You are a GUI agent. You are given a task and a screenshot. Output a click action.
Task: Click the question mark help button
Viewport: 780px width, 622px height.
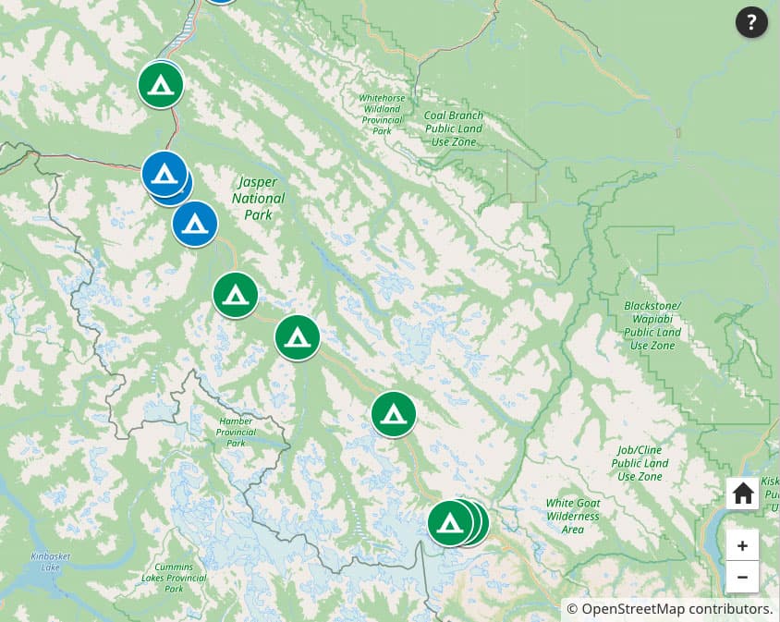tap(751, 22)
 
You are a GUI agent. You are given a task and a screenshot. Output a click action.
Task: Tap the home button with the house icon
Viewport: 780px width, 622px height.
tap(742, 494)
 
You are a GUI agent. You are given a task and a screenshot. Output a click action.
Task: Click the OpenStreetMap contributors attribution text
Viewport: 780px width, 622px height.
tap(669, 609)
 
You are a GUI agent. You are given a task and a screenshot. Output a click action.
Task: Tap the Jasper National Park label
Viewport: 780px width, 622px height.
tap(258, 198)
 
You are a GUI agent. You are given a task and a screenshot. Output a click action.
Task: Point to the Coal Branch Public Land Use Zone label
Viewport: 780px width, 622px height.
tap(454, 128)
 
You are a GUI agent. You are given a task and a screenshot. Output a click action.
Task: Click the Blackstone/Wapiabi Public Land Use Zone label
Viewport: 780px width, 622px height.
tap(652, 325)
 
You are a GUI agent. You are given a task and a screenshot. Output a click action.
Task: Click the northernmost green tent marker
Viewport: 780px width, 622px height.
tap(161, 85)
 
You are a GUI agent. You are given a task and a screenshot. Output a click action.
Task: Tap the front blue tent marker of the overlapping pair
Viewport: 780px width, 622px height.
tap(165, 173)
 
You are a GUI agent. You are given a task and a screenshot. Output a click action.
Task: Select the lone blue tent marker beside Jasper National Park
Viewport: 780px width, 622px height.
tap(195, 223)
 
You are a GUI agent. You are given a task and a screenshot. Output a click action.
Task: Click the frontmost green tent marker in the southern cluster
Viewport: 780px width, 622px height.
tap(450, 523)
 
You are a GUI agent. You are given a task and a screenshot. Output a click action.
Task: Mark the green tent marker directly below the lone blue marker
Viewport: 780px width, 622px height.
tap(236, 295)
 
